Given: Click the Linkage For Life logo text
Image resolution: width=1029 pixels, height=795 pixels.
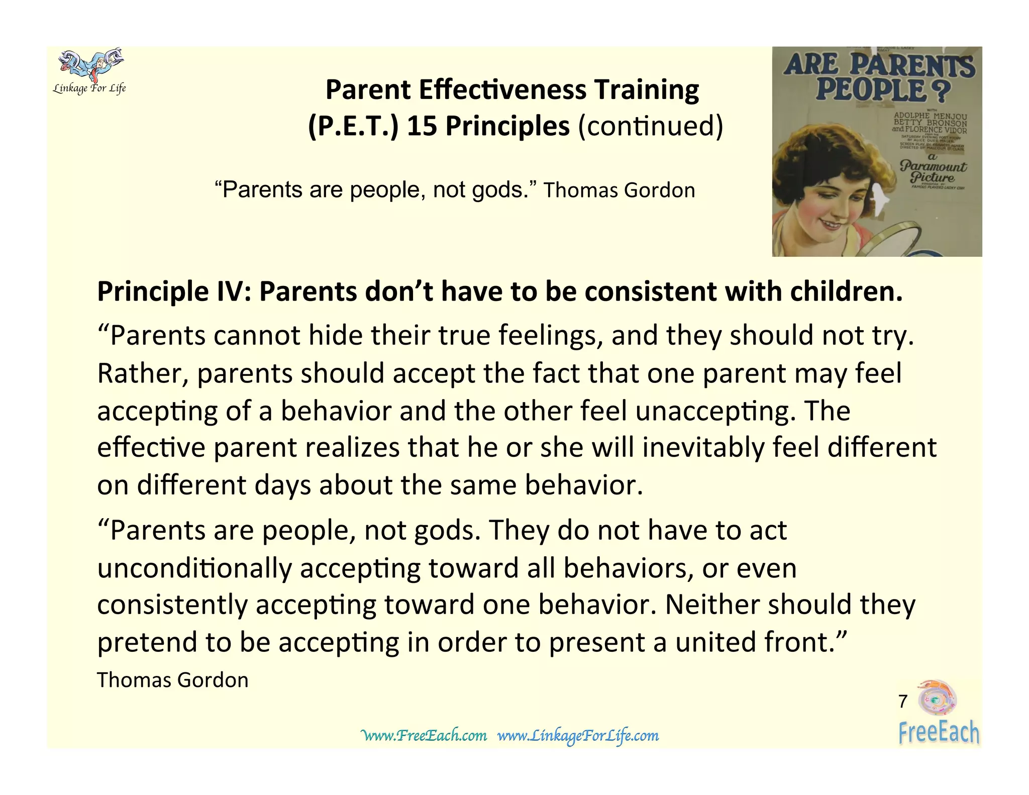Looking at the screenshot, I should tap(89, 89).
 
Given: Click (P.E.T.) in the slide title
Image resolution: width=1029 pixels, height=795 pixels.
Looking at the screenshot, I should tap(352, 126).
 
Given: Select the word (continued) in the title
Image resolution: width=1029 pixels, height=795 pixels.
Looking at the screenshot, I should tap(651, 126).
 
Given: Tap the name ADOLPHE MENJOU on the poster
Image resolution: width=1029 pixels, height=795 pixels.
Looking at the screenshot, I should tap(930, 116).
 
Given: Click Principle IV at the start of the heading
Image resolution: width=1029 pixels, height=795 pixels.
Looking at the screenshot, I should tap(173, 292).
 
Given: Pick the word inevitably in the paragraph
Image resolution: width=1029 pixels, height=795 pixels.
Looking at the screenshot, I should tap(703, 448).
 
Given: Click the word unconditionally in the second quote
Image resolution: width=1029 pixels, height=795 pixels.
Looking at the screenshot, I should tap(194, 569).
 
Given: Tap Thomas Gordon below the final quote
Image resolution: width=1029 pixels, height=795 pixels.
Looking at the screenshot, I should tap(172, 680).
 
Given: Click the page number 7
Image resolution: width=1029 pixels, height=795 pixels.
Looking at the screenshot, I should tap(902, 701).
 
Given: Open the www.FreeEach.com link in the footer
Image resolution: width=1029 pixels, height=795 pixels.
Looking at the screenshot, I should tap(424, 736).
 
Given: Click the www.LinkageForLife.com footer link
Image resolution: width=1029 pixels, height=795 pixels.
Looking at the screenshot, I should tap(578, 736).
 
